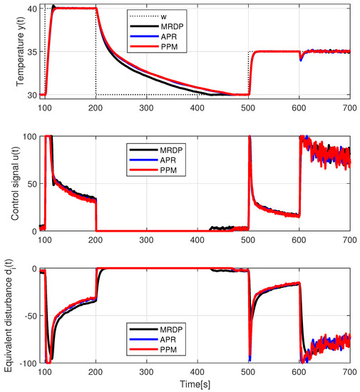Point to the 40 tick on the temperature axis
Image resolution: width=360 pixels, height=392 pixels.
click(31, 9)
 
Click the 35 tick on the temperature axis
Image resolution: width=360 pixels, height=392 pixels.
click(31, 51)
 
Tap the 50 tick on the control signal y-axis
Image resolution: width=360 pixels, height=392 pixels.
click(31, 184)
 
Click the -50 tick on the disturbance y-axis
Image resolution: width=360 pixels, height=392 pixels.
click(29, 316)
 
